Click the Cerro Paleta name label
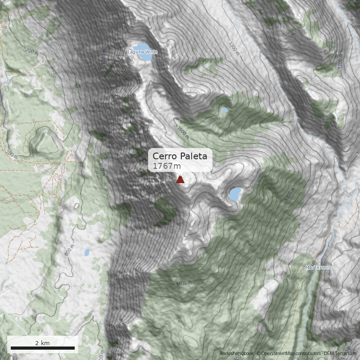[x=180, y=156]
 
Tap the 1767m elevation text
[x=166, y=166]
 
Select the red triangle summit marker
[x=180, y=180]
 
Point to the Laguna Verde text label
[x=143, y=52]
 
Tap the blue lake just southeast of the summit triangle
[x=234, y=194]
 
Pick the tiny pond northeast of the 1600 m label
[x=225, y=110]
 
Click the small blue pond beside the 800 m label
[x=87, y=252]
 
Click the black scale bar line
[x=42, y=348]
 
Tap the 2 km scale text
[x=42, y=343]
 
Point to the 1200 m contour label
[x=341, y=65]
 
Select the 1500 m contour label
[x=184, y=283]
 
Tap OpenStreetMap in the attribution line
[x=275, y=354]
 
